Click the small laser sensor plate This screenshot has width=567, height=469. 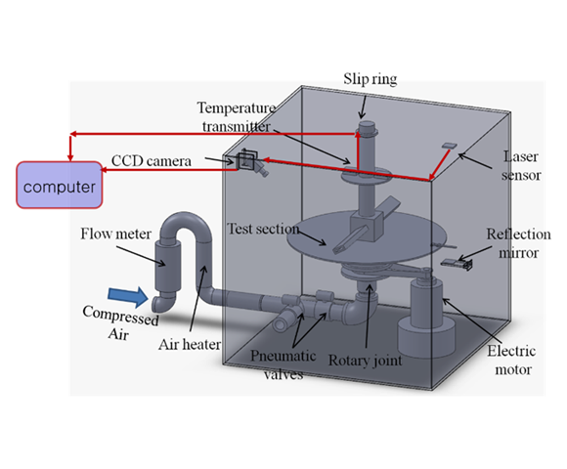pos(447,147)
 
